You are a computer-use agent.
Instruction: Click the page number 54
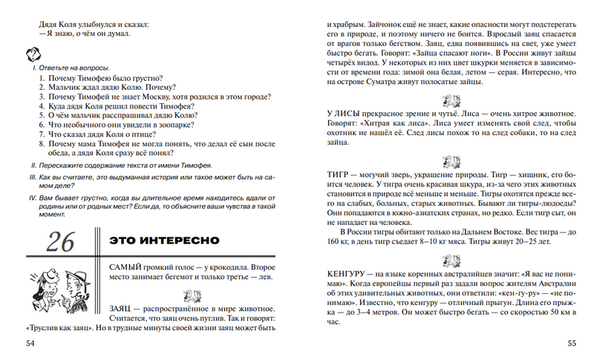pos(30,343)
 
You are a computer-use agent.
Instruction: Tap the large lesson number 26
pos(60,242)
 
